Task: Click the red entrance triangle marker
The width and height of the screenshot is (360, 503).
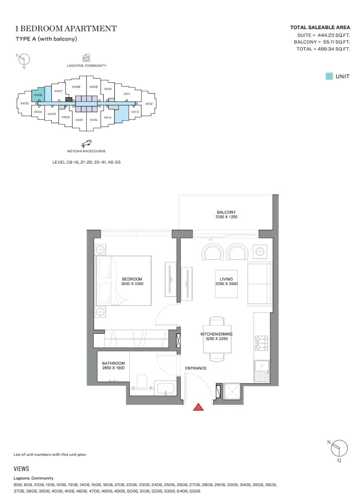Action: point(199,407)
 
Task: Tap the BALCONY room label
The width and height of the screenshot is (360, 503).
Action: point(226,212)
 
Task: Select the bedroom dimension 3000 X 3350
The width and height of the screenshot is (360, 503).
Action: point(132,284)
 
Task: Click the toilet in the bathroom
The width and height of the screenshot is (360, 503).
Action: point(141,382)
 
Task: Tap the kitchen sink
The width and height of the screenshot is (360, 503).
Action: point(261,371)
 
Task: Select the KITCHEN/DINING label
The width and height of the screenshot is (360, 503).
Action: point(217,334)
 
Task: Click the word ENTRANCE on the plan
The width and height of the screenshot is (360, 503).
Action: point(196,368)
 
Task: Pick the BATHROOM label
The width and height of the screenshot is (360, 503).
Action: point(113,363)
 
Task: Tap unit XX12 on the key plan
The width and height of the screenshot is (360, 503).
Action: point(148,104)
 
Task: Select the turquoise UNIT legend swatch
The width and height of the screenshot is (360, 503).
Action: point(329,76)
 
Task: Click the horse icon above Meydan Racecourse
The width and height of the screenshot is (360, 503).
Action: point(86,144)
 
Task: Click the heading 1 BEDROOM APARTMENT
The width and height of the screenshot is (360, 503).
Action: point(66,29)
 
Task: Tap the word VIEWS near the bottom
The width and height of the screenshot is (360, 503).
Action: point(21,469)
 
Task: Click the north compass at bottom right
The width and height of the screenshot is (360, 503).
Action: point(340,448)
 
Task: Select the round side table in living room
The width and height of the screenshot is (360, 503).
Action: point(259,252)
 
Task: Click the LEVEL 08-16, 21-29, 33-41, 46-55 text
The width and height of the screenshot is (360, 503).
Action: point(86,162)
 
